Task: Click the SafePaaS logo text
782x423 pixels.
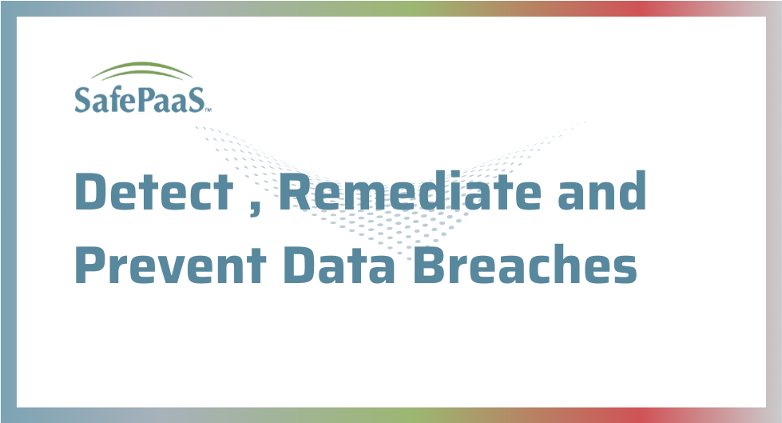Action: point(140,99)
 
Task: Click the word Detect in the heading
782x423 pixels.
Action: point(154,191)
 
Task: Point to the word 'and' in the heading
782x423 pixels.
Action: point(602,190)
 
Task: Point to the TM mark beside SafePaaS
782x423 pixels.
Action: point(208,110)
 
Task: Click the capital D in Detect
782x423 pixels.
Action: point(92,191)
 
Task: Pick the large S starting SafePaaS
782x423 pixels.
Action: point(82,99)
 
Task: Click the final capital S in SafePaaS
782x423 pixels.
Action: point(196,99)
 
